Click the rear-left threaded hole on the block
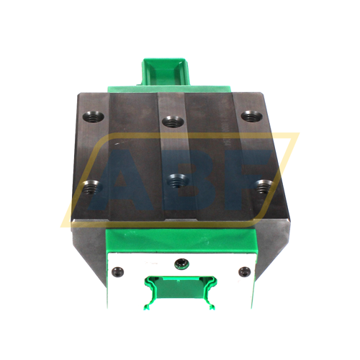(94, 117)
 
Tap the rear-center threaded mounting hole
(173, 122)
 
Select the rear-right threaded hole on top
(252, 116)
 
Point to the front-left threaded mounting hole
(92, 186)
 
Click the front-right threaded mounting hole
(264, 186)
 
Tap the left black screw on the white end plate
(118, 272)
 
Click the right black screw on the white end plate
(245, 272)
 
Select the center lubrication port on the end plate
(181, 264)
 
